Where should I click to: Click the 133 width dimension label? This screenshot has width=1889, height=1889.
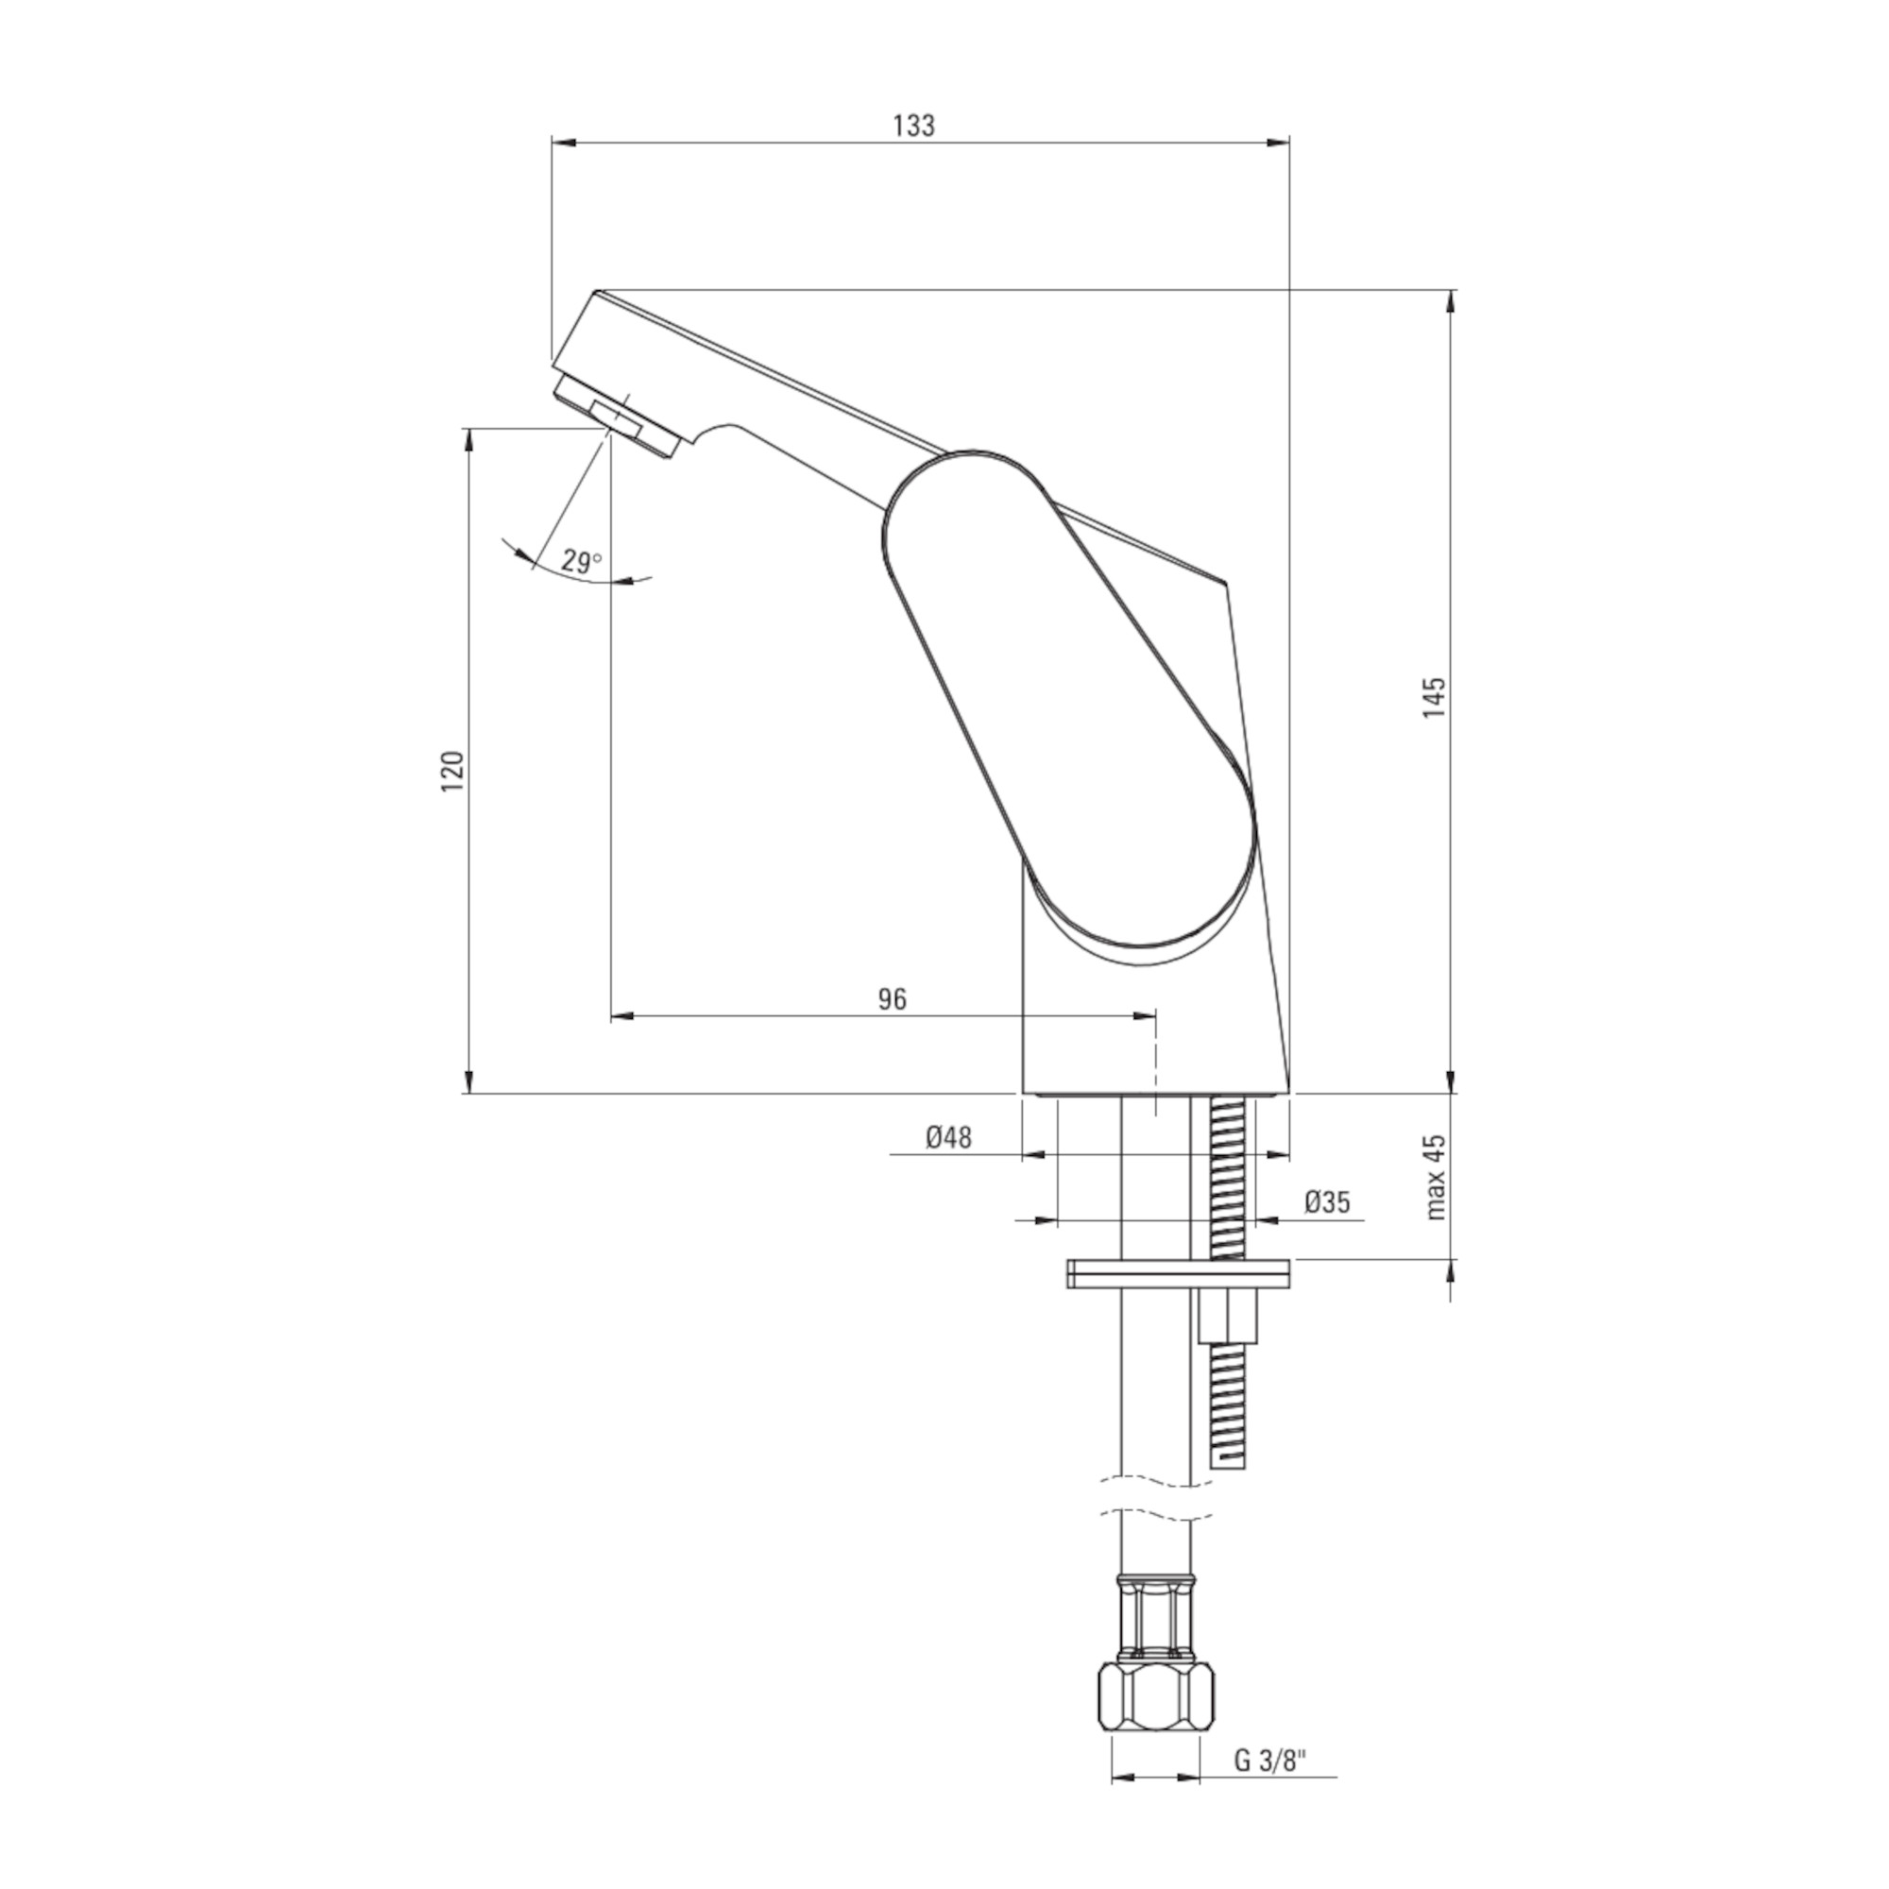[914, 127]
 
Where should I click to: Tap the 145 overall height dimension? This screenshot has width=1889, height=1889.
[1435, 697]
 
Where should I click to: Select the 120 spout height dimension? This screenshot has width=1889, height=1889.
[452, 772]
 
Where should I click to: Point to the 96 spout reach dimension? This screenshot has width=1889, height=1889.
[892, 998]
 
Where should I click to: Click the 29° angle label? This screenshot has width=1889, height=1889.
[581, 561]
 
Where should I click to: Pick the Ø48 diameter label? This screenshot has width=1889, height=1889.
[947, 1137]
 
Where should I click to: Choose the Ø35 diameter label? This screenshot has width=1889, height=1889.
[1327, 1201]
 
